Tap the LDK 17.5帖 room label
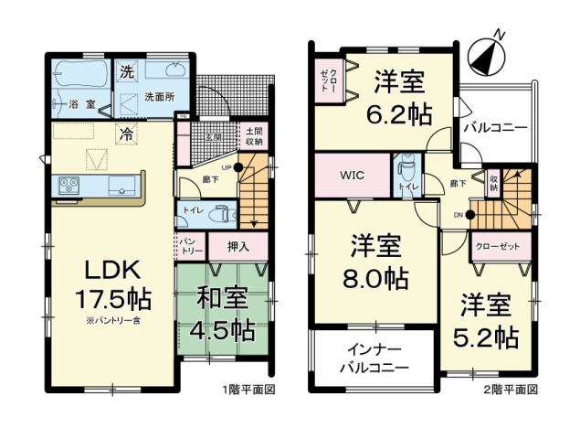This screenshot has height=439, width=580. point(112,284)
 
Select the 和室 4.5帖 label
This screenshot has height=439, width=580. point(224,313)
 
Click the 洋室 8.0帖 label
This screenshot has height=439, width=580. point(375,262)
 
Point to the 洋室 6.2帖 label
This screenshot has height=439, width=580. point(399,95)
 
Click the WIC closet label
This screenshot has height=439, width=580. point(352,175)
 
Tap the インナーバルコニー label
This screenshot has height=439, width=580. point(375,359)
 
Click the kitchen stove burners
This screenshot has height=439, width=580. point(69,186)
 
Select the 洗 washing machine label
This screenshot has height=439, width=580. point(124,70)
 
